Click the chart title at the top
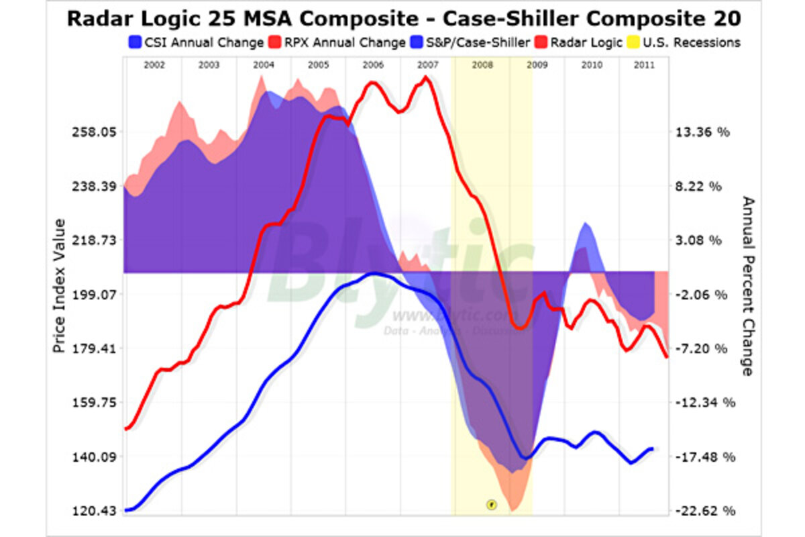402,18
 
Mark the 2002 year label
154,65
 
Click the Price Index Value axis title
60,287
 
